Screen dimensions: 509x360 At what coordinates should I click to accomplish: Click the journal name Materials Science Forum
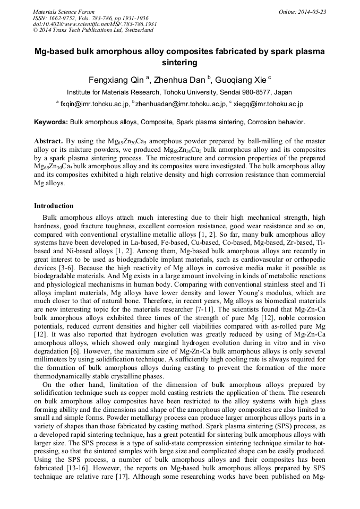[64, 11]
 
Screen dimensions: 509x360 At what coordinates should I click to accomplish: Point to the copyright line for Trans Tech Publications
[93, 30]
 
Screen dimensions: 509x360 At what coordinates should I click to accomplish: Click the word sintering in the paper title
[179, 63]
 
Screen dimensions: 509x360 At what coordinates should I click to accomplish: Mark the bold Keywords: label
[51, 122]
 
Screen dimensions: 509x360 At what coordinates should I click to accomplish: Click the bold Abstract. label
[49, 142]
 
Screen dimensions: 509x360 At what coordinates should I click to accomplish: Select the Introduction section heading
[54, 206]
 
